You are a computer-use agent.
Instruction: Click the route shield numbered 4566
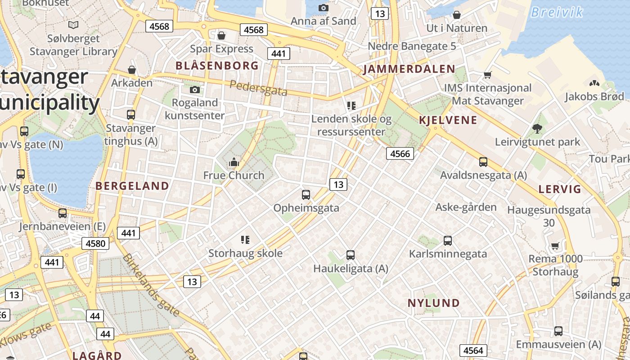coord(400,154)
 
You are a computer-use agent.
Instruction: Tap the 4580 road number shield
coord(95,244)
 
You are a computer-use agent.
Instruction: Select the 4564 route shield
coord(473,351)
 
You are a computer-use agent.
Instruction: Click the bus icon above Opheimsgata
coord(306,195)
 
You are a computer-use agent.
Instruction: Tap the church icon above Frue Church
coord(234,162)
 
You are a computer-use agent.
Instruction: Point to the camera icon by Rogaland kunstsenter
coord(195,90)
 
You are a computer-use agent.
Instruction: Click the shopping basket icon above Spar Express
coord(221,35)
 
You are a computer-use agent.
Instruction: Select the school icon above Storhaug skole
coord(245,240)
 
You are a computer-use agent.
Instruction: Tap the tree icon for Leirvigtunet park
coord(537,129)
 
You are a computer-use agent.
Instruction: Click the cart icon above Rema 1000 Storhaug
coord(555,246)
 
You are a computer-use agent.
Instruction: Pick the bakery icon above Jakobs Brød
coord(594,83)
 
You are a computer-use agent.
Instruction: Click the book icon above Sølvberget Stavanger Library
coord(73,25)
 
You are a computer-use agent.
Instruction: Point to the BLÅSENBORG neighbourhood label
coord(217,66)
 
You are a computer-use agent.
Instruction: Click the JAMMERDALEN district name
coord(409,69)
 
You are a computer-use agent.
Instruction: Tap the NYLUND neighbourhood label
coord(434,303)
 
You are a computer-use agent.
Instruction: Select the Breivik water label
coord(557,12)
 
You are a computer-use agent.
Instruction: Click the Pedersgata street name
coord(258,88)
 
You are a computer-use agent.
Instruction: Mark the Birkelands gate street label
coord(151,284)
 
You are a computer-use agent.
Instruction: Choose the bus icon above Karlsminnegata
coord(448,241)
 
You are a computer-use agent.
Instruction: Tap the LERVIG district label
coord(560,189)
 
